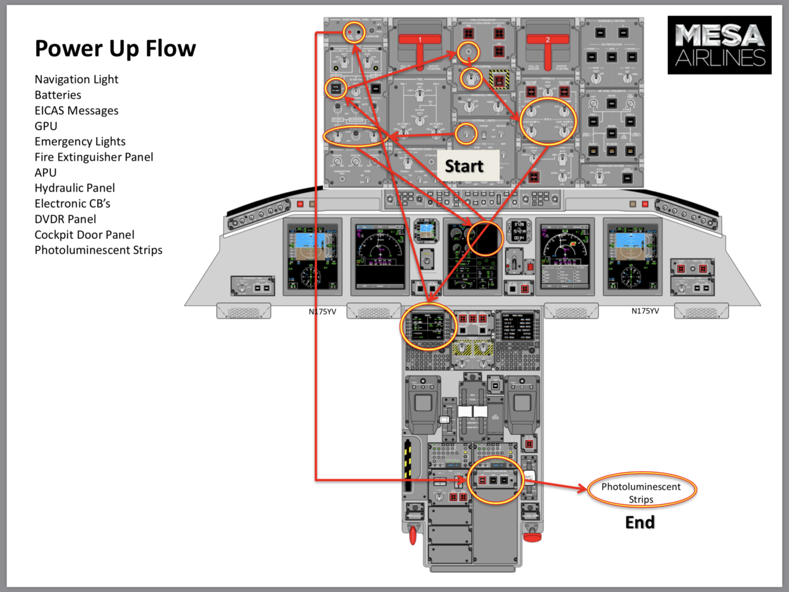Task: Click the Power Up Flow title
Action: [x=115, y=49]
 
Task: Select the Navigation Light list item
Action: [x=76, y=79]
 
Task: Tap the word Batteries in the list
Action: [x=58, y=95]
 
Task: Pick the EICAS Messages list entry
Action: [x=76, y=111]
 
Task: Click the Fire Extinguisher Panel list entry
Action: [x=93, y=157]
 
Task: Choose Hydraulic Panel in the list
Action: [x=75, y=188]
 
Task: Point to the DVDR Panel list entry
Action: [x=65, y=219]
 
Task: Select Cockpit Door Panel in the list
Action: [x=84, y=235]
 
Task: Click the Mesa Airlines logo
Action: [x=719, y=46]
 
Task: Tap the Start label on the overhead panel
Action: [x=464, y=166]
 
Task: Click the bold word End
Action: [x=640, y=522]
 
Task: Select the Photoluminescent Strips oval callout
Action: [x=641, y=492]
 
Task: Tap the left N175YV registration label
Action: [x=322, y=312]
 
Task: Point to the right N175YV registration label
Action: [x=645, y=311]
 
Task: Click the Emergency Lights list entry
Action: [x=80, y=141]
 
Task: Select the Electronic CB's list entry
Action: [x=72, y=203]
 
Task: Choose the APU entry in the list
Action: [x=46, y=173]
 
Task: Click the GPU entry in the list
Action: [x=46, y=126]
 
